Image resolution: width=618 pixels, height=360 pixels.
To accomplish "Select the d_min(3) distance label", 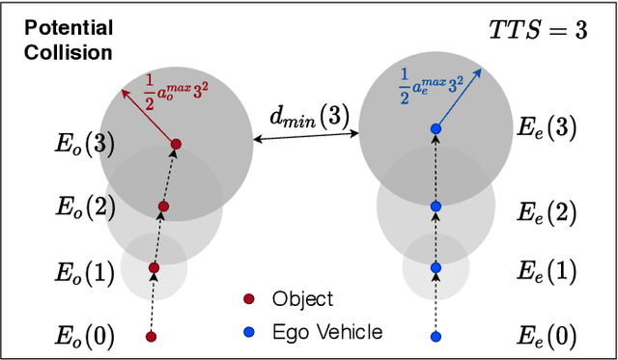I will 303,119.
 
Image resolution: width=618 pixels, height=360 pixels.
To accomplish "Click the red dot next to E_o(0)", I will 151,337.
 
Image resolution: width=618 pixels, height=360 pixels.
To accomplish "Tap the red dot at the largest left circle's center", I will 176,145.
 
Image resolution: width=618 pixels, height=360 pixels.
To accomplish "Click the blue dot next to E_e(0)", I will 435,337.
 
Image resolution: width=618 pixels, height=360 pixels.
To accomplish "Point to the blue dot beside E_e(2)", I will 435,207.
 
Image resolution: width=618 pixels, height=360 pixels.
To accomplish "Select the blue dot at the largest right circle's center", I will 435,128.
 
